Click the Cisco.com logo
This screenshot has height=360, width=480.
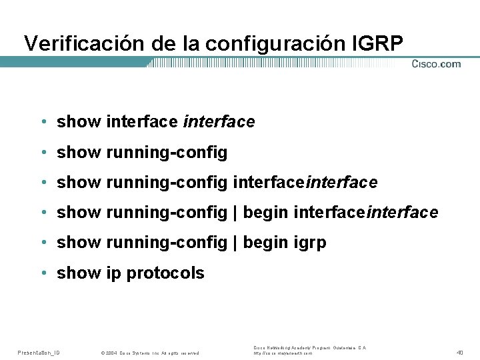coord(436,64)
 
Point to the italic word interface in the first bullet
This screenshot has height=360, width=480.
coord(219,122)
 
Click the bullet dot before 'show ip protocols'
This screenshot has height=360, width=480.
coord(43,273)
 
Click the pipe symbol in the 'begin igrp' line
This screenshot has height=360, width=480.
coord(235,243)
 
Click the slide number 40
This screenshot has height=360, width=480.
coord(460,351)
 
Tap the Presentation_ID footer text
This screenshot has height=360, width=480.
coord(38,352)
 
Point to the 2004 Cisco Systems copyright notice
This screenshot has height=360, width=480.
coord(150,352)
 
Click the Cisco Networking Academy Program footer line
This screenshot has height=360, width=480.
coord(309,348)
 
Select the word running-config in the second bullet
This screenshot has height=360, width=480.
coord(166,153)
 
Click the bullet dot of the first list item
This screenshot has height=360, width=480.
coord(43,122)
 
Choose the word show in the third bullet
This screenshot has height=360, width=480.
coord(79,182)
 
